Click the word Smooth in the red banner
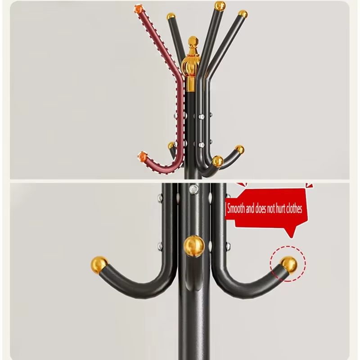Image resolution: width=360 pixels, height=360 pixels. tap(236, 209)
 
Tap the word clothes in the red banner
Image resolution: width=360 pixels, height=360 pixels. tap(293, 209)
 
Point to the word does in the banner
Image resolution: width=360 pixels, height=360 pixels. tap(261, 209)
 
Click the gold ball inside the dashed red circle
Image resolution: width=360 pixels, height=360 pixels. tap(289, 265)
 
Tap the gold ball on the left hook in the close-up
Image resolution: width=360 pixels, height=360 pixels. tap(99, 265)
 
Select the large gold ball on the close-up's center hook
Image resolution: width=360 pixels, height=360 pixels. tap(194, 246)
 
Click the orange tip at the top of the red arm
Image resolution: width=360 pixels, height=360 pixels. tap(139, 9)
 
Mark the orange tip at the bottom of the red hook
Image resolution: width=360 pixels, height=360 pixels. tap(142, 156)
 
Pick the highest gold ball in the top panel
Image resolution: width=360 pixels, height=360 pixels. tap(220, 6)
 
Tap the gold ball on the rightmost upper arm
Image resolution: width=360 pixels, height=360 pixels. tap(243, 14)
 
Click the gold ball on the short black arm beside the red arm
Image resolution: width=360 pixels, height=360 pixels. tap(171, 17)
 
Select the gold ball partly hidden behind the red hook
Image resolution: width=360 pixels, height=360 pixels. tap(171, 145)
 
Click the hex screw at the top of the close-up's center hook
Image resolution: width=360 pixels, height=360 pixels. tap(193, 189)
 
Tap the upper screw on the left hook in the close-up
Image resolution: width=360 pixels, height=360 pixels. tap(160, 197)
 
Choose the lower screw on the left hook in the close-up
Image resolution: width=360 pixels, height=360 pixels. tap(160, 246)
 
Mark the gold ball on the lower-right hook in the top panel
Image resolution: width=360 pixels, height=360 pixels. tap(239, 149)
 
